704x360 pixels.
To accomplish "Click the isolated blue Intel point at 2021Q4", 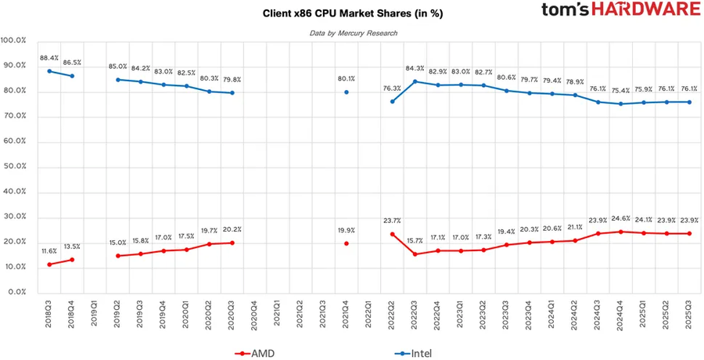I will (346, 92).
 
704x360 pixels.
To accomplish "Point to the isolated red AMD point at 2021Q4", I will (346, 243).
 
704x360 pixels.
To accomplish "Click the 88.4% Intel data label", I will (49, 58).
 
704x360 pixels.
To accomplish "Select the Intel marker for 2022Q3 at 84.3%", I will (415, 81).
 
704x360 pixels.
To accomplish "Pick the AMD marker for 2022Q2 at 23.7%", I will (392, 234).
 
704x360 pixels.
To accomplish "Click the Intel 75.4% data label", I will (620, 90).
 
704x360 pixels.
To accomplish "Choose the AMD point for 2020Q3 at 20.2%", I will (232, 243).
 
